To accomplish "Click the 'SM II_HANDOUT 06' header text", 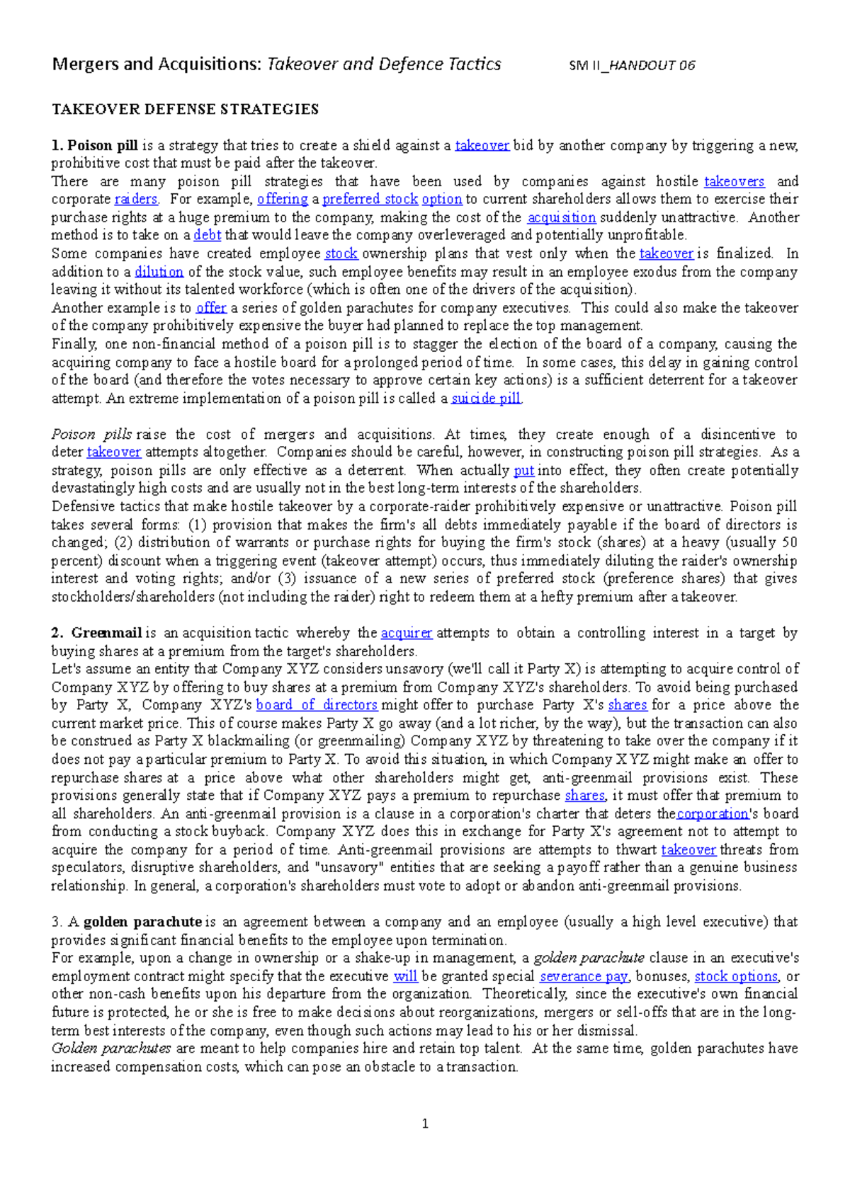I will point(632,66).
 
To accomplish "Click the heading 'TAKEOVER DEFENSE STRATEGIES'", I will point(185,109).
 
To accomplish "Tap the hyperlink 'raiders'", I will point(136,200).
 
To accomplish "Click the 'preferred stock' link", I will point(370,200).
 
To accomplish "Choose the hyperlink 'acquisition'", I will point(562,218).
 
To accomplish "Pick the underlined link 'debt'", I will point(208,236).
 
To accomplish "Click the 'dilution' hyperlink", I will point(159,272).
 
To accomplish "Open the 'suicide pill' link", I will point(486,399).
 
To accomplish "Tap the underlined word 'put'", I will point(523,471).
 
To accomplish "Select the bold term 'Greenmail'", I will point(107,633).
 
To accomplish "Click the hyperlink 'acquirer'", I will point(406,633).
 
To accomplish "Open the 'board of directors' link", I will point(317,705).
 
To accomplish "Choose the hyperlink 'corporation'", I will point(712,814).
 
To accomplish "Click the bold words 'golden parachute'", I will point(142,922).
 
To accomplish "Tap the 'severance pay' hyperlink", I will point(584,977).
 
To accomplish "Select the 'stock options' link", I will point(735,977).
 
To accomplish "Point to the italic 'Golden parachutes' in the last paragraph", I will point(111,1048).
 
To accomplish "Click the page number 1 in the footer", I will point(424,1123).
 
